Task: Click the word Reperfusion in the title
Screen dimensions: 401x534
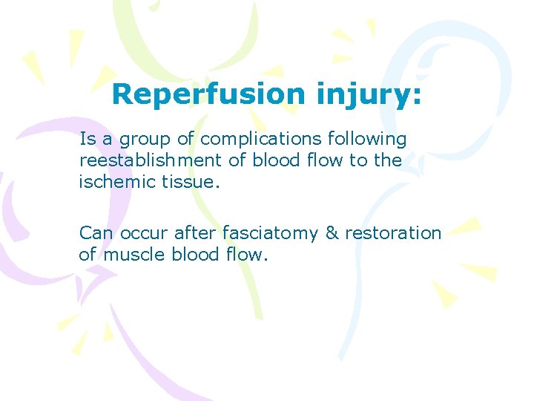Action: tap(208, 94)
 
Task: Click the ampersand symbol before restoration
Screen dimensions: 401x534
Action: tap(332, 233)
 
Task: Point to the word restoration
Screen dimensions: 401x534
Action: tap(393, 233)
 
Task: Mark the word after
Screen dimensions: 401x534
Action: tap(195, 233)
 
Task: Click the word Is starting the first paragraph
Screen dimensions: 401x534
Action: tap(88, 139)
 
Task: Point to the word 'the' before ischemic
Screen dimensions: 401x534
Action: tap(388, 160)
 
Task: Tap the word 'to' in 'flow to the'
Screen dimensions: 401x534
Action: tap(360, 160)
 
